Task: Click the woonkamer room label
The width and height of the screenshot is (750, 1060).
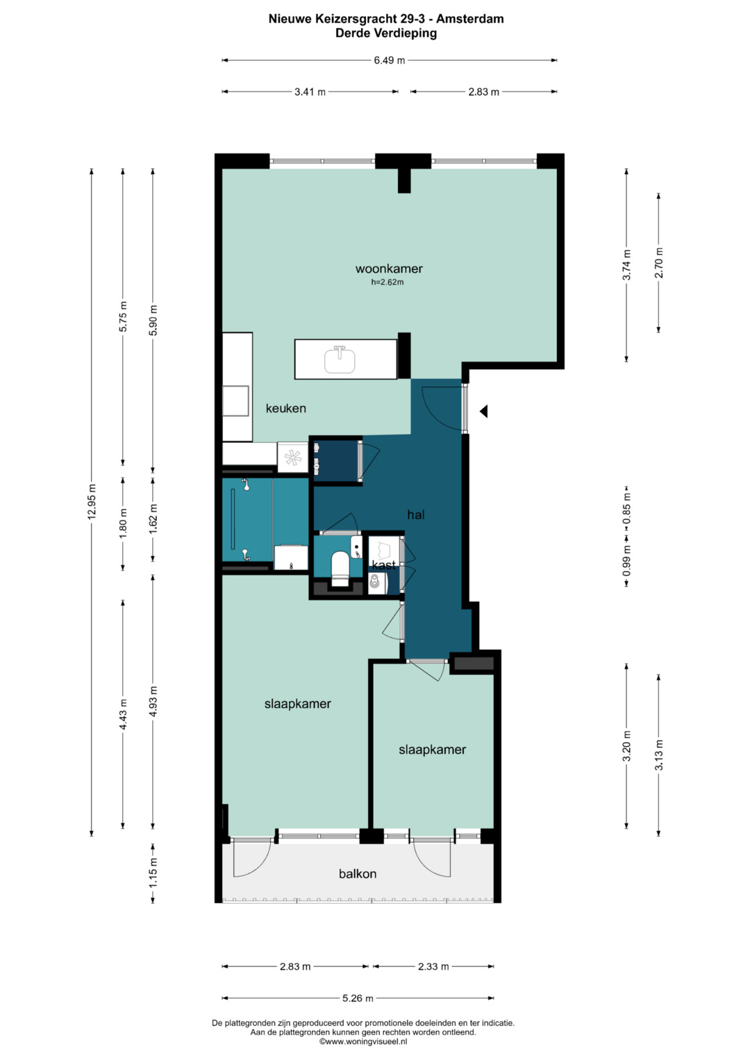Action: click(389, 269)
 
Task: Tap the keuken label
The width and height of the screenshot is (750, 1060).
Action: click(285, 408)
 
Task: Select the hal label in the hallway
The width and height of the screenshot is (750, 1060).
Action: click(415, 514)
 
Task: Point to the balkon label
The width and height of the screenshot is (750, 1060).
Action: click(358, 874)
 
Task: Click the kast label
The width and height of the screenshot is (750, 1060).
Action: click(383, 565)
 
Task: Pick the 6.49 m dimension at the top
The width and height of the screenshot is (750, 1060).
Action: click(389, 60)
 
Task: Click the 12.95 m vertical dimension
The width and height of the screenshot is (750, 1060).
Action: click(92, 502)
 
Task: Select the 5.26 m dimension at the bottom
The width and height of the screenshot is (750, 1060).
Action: click(358, 998)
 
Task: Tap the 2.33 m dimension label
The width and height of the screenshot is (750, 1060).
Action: click(433, 966)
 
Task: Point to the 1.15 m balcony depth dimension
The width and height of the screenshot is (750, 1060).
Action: click(153, 873)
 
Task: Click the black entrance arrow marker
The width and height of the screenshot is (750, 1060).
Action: click(483, 412)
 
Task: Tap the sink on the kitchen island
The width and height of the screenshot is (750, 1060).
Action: click(340, 359)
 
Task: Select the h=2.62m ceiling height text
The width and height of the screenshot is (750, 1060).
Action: click(387, 283)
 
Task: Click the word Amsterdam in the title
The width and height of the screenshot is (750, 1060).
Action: click(470, 19)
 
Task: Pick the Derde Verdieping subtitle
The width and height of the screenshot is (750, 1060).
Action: click(386, 33)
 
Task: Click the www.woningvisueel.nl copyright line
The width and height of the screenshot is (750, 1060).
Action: click(363, 1041)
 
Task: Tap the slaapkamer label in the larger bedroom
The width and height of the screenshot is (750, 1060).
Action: click(297, 704)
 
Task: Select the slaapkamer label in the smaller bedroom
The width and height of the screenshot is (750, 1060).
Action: click(432, 750)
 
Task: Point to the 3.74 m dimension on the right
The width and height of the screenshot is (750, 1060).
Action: click(626, 265)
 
